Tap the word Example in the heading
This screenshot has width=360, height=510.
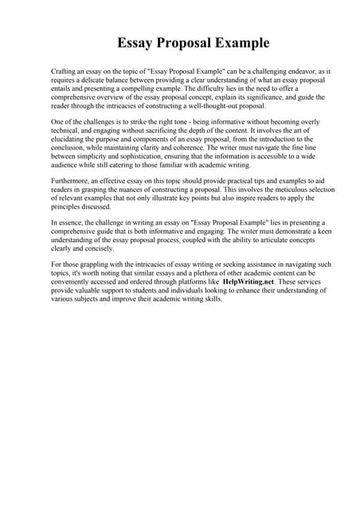coord(238,42)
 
